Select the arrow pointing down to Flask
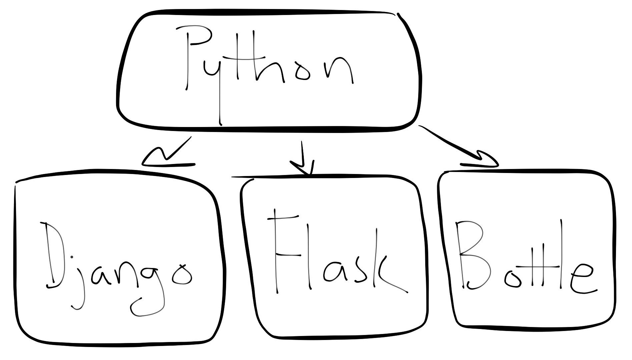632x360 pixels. click(302, 158)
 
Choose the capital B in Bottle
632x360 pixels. click(470, 255)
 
